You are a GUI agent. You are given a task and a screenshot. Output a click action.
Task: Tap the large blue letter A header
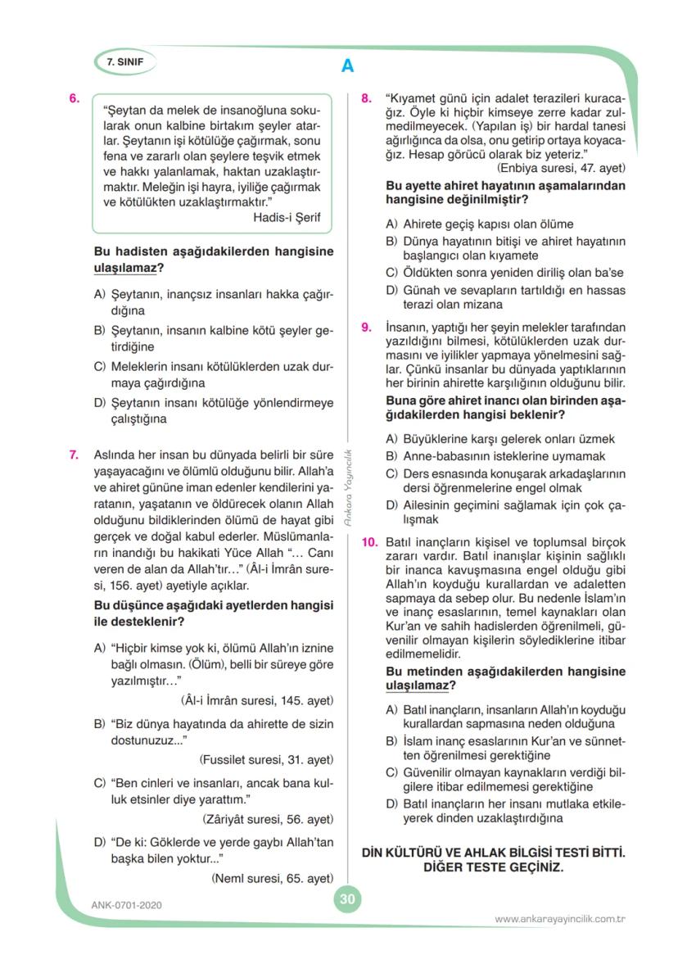click(x=347, y=66)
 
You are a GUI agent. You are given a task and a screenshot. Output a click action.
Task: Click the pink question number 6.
click(x=75, y=98)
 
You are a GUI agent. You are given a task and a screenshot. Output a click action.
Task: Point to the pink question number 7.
click(x=75, y=453)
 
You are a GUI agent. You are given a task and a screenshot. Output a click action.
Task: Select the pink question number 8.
click(x=367, y=98)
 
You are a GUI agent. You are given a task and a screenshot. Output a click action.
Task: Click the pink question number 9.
click(x=367, y=327)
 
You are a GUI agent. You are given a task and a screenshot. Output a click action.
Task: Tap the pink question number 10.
click(x=369, y=542)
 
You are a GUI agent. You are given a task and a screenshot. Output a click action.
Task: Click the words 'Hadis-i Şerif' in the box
click(x=287, y=217)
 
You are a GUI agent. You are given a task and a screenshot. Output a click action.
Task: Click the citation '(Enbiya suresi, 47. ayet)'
click(x=561, y=168)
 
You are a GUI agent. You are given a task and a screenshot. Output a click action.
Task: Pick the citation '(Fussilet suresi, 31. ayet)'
click(x=266, y=758)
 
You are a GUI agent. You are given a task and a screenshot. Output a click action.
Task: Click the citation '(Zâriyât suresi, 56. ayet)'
click(x=268, y=818)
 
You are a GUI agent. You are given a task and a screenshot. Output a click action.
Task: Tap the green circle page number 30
click(x=347, y=899)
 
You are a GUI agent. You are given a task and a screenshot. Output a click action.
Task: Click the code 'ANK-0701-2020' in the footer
click(x=128, y=905)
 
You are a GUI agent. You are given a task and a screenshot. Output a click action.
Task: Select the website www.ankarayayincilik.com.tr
click(x=560, y=919)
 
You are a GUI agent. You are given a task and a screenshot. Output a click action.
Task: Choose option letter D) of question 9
click(x=391, y=505)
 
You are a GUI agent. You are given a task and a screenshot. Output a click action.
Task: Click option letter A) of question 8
click(x=391, y=224)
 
